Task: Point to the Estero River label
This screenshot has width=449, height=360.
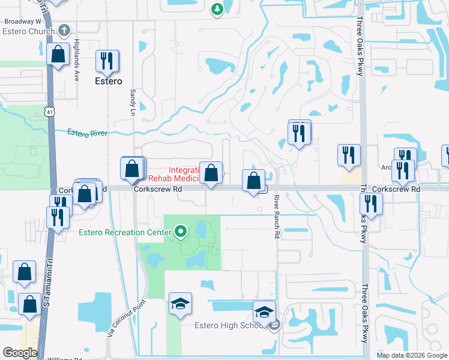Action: click(87, 133)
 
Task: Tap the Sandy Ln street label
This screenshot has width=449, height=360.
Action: click(133, 103)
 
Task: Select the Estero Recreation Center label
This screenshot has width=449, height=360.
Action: click(124, 231)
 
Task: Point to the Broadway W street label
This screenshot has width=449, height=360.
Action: click(22, 21)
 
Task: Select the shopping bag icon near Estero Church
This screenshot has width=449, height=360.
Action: click(59, 55)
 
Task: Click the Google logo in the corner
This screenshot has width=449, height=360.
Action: click(20, 353)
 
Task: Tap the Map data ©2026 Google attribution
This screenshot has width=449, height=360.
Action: click(411, 355)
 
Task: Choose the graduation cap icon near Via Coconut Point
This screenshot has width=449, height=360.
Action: click(180, 304)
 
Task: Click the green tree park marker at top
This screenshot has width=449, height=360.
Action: click(217, 9)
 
